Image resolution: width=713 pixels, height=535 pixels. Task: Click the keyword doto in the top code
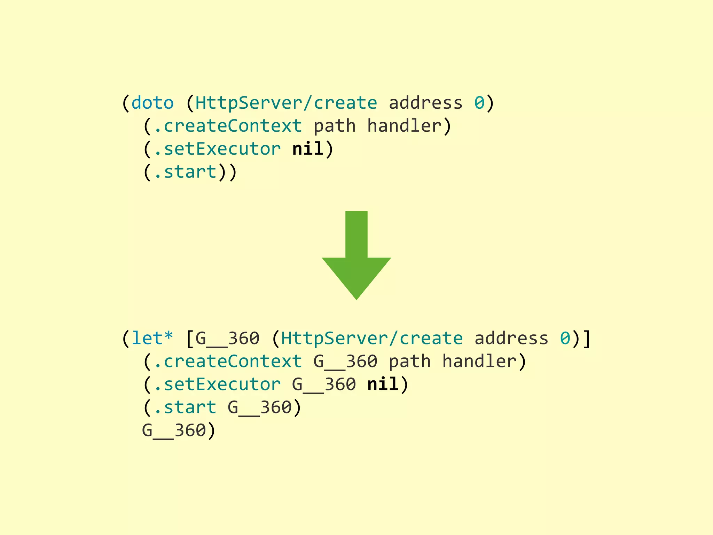[152, 103]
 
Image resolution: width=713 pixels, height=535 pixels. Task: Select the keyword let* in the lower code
[152, 339]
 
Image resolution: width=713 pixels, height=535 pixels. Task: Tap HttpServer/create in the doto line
[286, 103]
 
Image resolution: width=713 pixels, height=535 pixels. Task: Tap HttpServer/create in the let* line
[372, 339]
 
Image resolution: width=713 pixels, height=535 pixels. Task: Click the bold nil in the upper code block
[308, 149]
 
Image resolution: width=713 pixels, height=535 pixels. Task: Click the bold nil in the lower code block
[383, 385]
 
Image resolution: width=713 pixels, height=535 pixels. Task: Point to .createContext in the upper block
[228, 126]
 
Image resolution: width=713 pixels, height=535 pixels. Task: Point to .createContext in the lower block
[228, 362]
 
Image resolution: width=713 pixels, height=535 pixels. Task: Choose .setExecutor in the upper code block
[217, 149]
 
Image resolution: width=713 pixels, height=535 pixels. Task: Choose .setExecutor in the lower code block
[217, 385]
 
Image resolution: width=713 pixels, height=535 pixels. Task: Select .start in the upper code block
[185, 172]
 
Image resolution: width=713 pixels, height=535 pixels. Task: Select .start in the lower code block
[185, 408]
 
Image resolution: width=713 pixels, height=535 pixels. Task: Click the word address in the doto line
[425, 103]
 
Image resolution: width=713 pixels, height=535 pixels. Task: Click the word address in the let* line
[511, 339]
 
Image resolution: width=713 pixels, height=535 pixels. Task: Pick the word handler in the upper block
[404, 126]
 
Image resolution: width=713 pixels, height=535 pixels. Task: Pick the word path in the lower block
[409, 362]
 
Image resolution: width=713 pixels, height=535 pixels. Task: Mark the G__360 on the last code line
[174, 431]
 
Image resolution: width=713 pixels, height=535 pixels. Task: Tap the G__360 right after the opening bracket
[228, 339]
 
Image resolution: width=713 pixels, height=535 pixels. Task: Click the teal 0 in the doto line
[479, 103]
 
